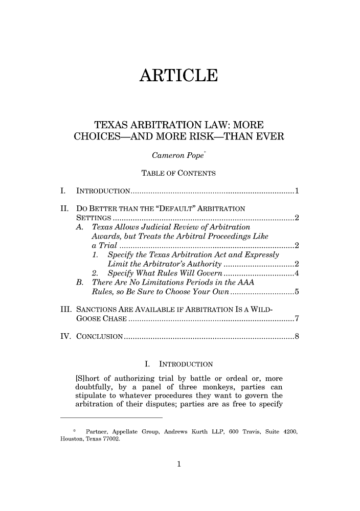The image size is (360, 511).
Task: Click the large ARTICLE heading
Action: coord(179,75)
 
